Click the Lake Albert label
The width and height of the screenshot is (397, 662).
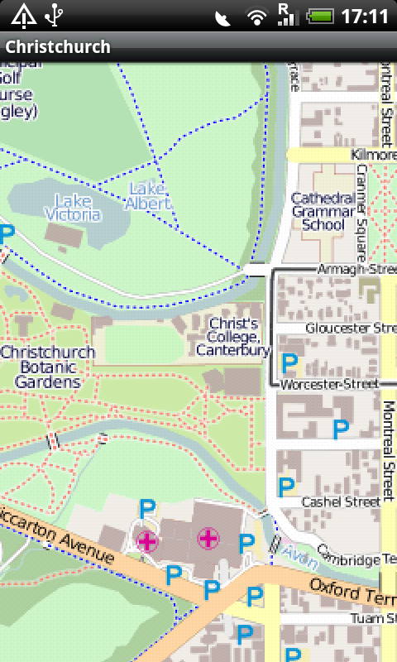click(x=150, y=195)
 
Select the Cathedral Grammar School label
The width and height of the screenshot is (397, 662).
click(x=323, y=211)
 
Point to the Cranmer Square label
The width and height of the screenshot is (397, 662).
click(x=361, y=199)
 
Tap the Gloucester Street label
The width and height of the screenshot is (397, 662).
click(x=351, y=328)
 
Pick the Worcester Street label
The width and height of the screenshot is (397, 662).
click(x=329, y=385)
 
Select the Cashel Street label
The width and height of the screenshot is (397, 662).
click(x=341, y=501)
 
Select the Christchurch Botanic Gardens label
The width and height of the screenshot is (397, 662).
click(x=47, y=367)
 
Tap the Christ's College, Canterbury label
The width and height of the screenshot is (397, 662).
click(x=233, y=337)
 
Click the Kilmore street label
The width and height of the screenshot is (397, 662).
click(x=373, y=155)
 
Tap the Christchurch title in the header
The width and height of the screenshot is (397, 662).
click(x=58, y=47)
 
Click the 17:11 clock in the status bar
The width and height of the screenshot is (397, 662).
click(x=365, y=16)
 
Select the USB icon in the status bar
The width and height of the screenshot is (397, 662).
click(x=55, y=15)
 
